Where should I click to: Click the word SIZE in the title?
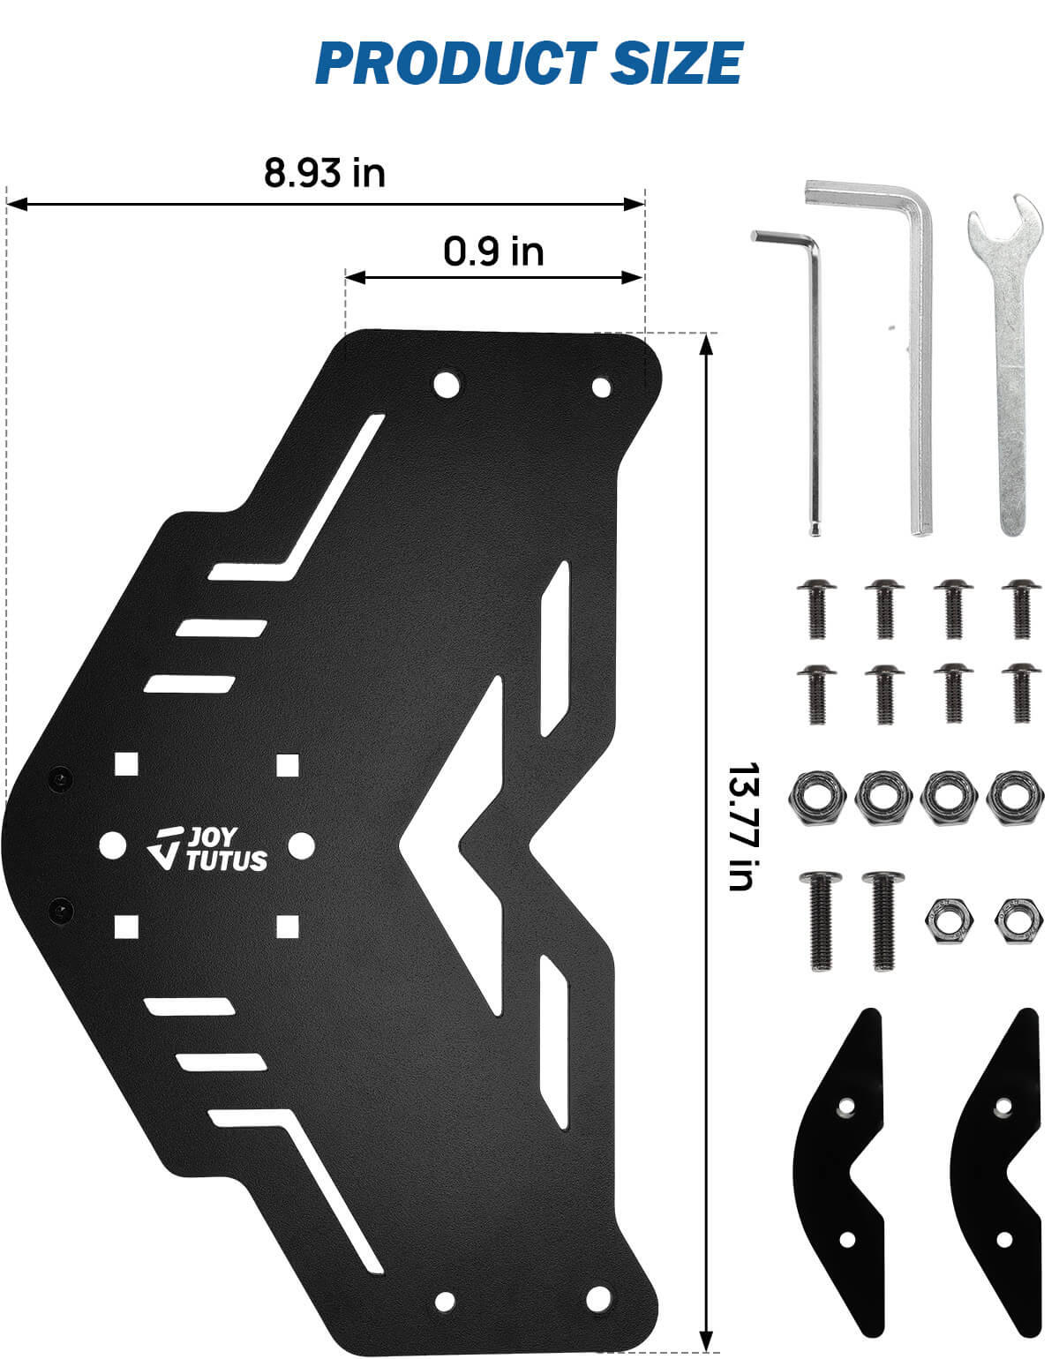(676, 63)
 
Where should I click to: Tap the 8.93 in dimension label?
(325, 173)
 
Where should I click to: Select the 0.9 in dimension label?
(493, 252)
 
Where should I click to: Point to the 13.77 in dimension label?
(744, 826)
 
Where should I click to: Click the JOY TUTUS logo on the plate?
(207, 848)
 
